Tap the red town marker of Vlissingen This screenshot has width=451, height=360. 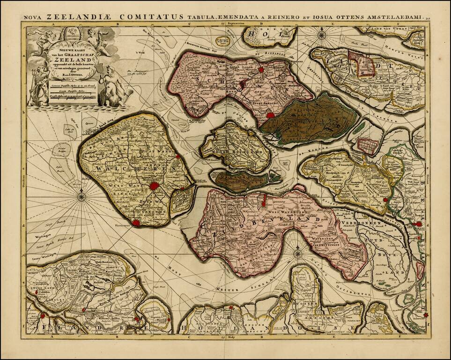click(136, 223)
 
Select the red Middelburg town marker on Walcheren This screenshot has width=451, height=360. click(154, 187)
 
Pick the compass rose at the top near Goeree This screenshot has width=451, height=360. click(322, 35)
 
